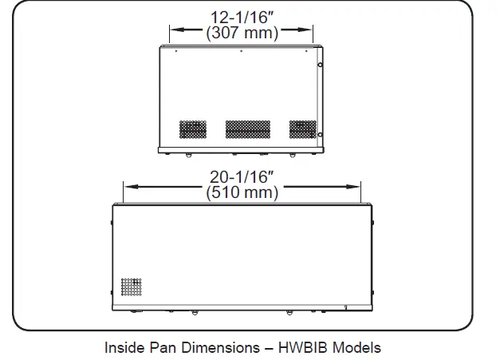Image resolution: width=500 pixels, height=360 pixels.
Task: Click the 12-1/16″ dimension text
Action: click(242, 17)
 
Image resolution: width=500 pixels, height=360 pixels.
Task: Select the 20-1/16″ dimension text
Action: click(242, 176)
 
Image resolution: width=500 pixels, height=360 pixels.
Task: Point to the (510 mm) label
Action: click(242, 192)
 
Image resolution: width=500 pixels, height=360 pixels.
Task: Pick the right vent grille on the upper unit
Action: click(301, 128)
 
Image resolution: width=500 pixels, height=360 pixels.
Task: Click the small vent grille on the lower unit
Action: click(132, 285)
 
